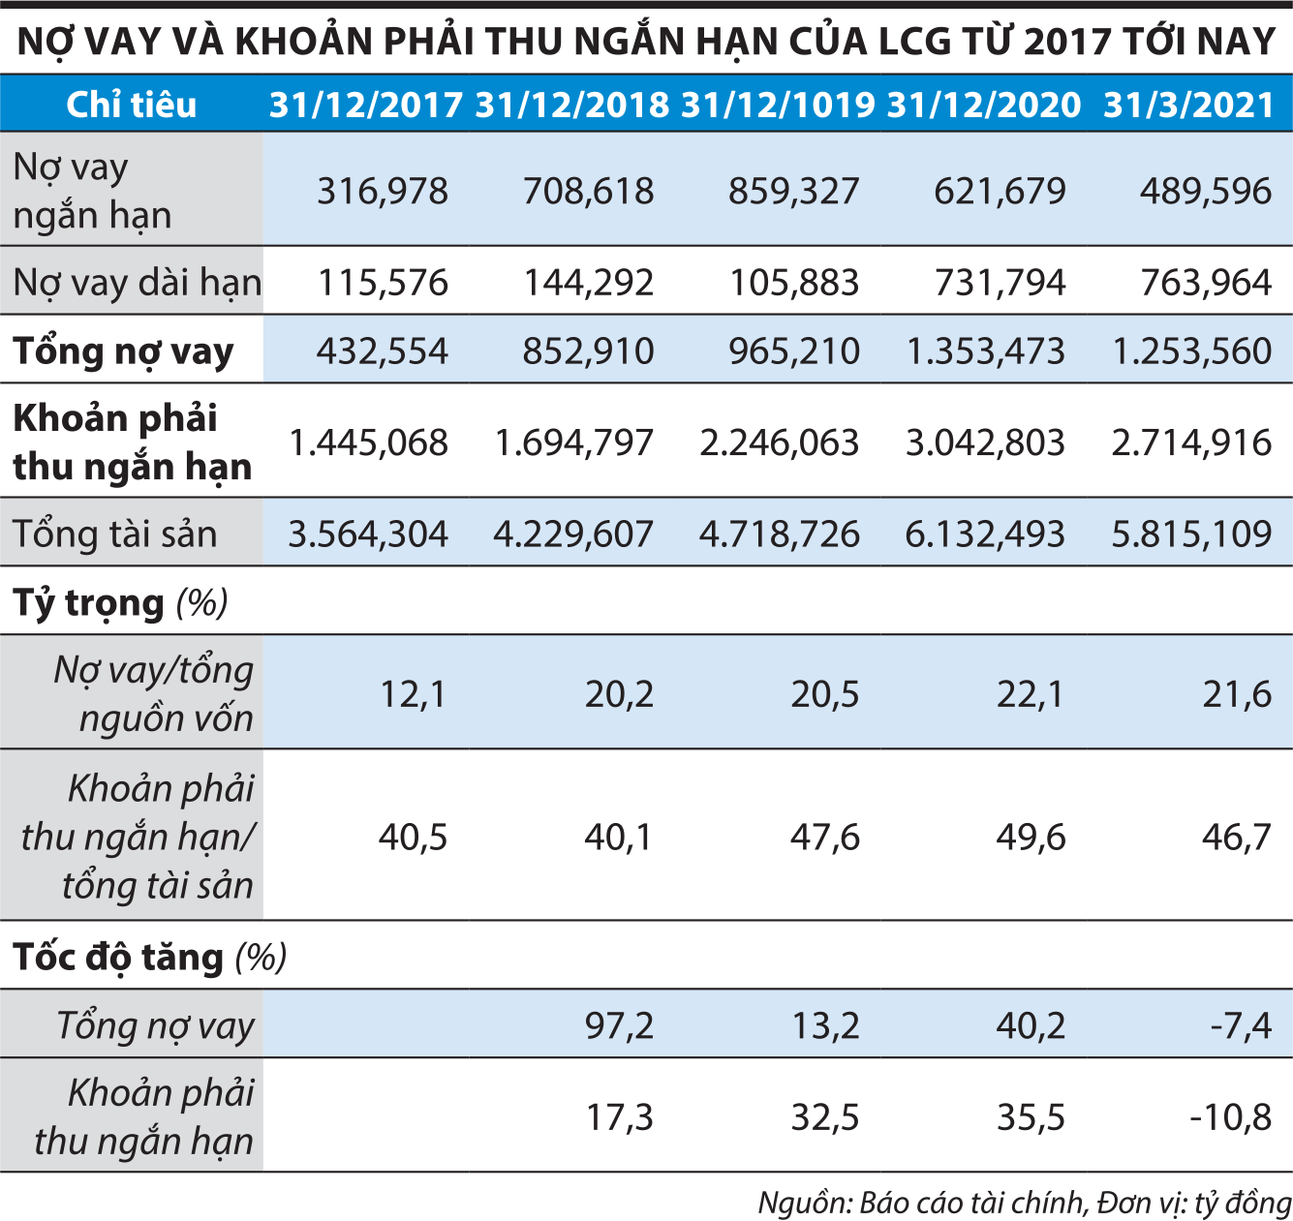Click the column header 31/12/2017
(365, 105)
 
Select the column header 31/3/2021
(1188, 105)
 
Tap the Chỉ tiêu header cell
(131, 105)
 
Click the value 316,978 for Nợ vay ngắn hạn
(383, 191)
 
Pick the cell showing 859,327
(793, 191)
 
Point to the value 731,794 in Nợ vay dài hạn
(1000, 283)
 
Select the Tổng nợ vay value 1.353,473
(985, 351)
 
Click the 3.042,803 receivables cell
(985, 443)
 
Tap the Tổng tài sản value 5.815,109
(1191, 534)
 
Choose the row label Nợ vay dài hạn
(137, 283)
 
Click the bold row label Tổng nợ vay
(123, 351)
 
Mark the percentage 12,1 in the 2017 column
(413, 694)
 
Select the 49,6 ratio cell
(1031, 837)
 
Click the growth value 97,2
(619, 1025)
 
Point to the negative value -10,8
(1230, 1117)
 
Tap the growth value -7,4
(1241, 1025)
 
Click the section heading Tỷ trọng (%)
(120, 602)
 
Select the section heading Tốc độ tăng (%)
(149, 957)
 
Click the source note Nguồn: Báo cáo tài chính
(920, 1203)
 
